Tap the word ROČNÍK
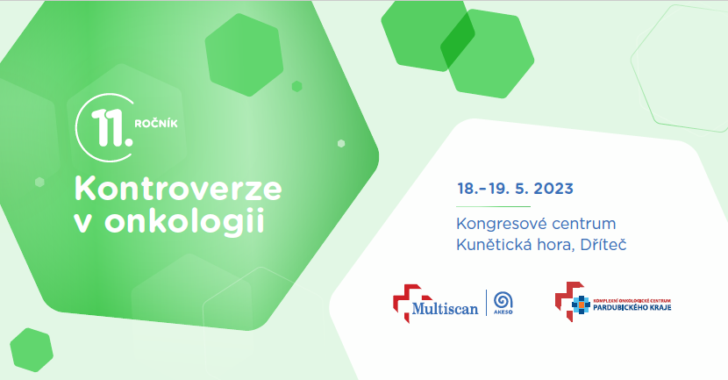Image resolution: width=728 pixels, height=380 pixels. pos(156,123)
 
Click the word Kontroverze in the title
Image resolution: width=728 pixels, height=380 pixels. pos(178,189)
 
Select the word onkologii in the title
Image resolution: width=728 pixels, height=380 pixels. pos(185,221)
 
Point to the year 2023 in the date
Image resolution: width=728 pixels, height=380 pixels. pos(553,189)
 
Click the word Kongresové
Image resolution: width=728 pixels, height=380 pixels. pos(494,225)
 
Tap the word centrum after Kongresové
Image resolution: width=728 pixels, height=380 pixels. pos(576,225)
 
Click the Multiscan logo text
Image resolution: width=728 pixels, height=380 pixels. pos(445,308)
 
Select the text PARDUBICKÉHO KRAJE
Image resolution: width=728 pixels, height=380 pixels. pos(632,307)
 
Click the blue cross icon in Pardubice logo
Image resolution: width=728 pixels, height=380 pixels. pos(581,305)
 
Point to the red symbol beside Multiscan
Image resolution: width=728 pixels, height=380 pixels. pos(405,303)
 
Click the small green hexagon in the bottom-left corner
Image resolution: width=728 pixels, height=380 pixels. pos(32,350)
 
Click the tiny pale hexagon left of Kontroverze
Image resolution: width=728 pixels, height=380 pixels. pos(39,183)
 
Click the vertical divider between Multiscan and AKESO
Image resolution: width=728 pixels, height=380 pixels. pos(487,303)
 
